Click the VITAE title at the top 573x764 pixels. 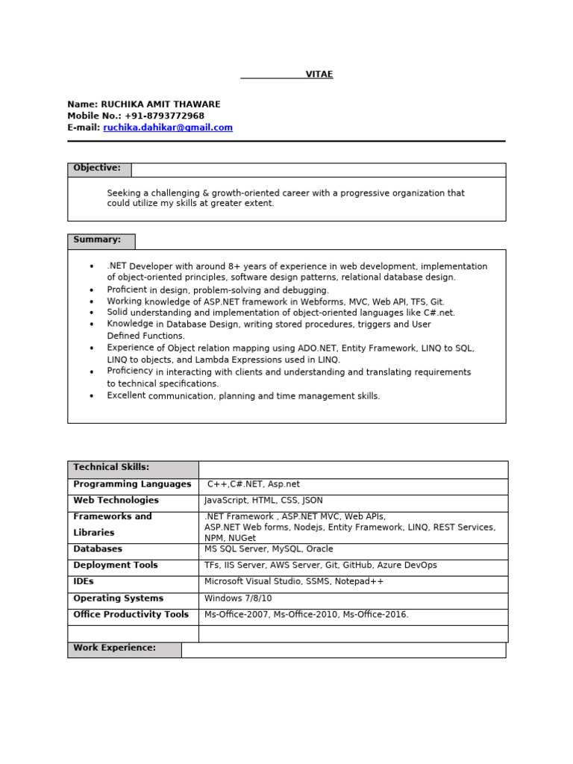tap(319, 75)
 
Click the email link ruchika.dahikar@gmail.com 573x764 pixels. tap(168, 128)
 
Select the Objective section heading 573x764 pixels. tap(97, 169)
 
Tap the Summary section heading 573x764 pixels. tap(97, 240)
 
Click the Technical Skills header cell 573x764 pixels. tap(111, 468)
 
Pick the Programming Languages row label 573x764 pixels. tap(132, 484)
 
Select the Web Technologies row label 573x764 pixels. tap(116, 501)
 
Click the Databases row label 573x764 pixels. tap(98, 549)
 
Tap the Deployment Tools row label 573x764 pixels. tap(116, 566)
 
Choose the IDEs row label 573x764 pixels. tap(84, 581)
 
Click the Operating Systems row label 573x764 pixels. tap(118, 598)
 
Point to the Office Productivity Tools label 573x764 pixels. tap(131, 615)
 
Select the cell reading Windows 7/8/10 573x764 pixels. tap(238, 598)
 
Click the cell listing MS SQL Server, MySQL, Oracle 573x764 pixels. tap(269, 549)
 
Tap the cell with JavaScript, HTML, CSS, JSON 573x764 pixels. tap(263, 501)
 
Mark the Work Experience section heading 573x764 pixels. tap(114, 648)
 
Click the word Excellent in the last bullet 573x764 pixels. tap(126, 395)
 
